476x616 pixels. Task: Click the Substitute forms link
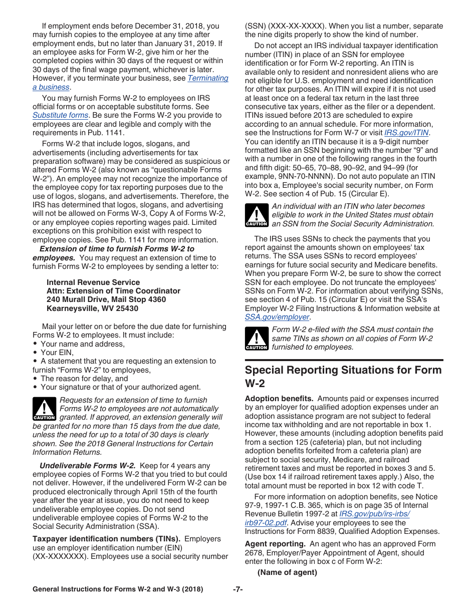pyautogui.click(x=60, y=116)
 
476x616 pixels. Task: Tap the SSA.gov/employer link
pyautogui.click(x=277, y=317)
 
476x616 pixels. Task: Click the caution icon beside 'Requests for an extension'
pyautogui.click(x=45, y=409)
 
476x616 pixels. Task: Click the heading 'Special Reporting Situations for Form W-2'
pyautogui.click(x=343, y=377)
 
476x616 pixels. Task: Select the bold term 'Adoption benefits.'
pyautogui.click(x=279, y=399)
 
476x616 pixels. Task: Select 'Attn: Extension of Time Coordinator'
pyautogui.click(x=113, y=291)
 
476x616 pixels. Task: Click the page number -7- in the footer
pyautogui.click(x=237, y=589)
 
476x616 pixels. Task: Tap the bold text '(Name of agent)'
pyautogui.click(x=287, y=572)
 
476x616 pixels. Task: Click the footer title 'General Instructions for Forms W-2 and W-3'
pyautogui.click(x=118, y=589)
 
